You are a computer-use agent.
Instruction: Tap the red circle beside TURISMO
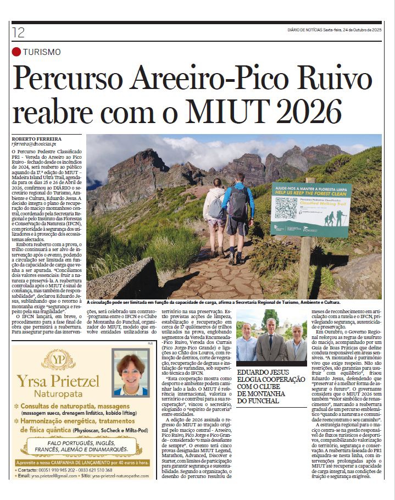point(16,52)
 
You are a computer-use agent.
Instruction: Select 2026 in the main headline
point(312,111)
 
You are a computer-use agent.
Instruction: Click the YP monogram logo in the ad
point(58,359)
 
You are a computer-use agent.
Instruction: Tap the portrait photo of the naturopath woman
point(130,373)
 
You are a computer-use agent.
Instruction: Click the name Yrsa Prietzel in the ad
point(58,380)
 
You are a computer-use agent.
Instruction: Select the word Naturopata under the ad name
point(58,394)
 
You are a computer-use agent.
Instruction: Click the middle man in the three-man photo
point(271,341)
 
